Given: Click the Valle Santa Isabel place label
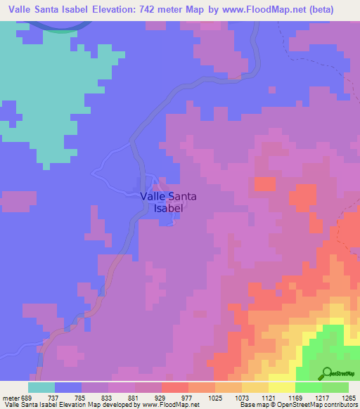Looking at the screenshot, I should point(168,202).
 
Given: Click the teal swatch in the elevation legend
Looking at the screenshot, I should point(41,387).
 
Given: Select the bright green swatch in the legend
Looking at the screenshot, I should point(309,387).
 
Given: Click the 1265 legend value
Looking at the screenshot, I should point(349,397).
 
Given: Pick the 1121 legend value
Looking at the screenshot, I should point(269,397).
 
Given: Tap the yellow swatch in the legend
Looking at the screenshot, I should point(282,387).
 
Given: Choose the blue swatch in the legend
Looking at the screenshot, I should point(68,387).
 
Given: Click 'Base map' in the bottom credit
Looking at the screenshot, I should point(250,405).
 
